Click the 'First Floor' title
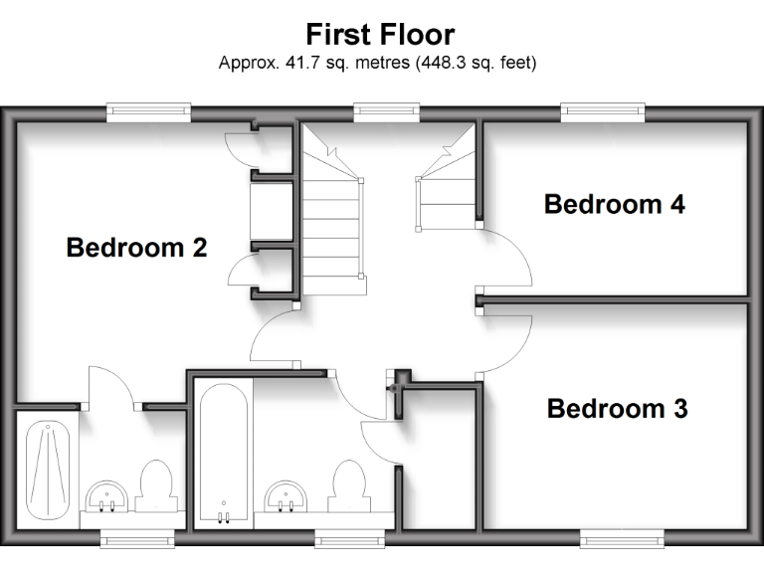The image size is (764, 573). tap(380, 35)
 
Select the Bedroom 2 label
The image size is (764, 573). tap(136, 248)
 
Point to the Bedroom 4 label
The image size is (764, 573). tap(614, 205)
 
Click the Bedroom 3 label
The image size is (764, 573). tap(617, 409)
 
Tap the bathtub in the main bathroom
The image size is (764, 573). tap(222, 453)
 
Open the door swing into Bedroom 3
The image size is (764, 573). tap(505, 343)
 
